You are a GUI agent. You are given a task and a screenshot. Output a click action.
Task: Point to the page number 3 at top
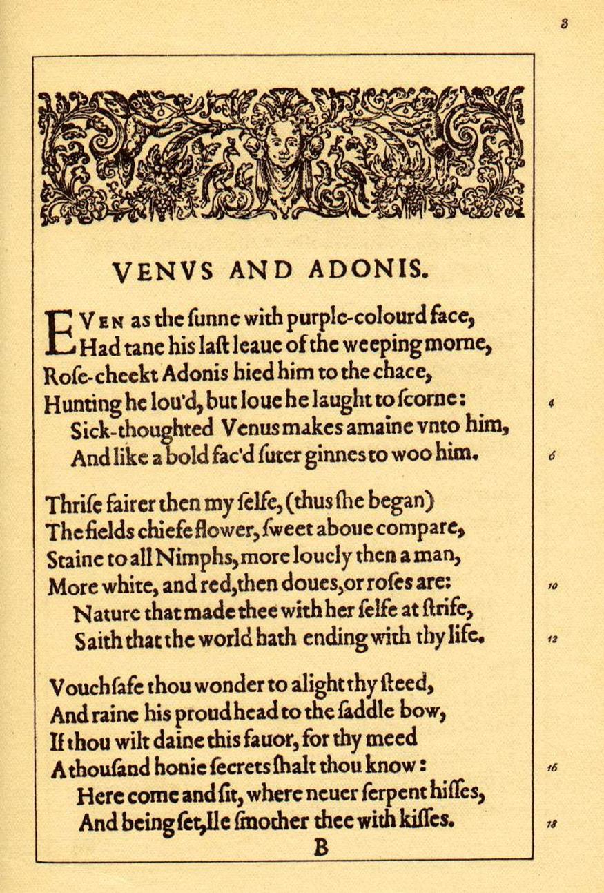[564, 24]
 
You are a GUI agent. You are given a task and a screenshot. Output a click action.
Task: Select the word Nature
[105, 612]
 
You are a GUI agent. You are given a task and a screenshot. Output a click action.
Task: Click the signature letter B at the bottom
[321, 847]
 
